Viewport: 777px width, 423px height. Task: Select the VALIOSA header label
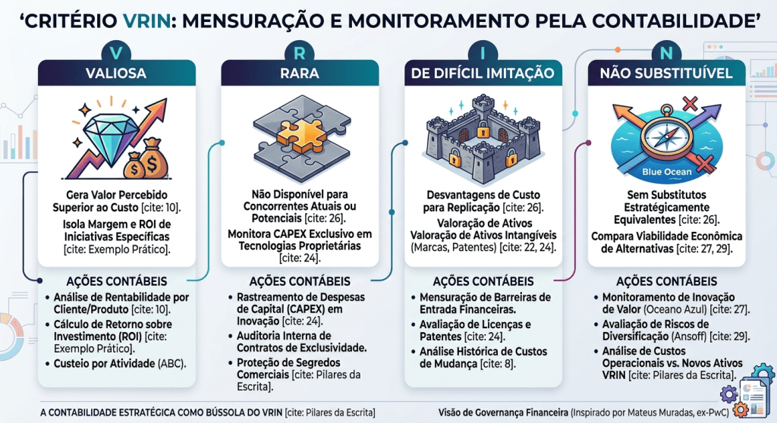click(x=116, y=74)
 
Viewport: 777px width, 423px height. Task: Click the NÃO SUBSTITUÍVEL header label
click(x=666, y=74)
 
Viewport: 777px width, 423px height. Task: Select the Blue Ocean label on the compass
click(x=666, y=171)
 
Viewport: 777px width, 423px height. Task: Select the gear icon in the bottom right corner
click(x=728, y=394)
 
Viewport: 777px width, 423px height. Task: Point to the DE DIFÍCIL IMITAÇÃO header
click(x=483, y=74)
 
